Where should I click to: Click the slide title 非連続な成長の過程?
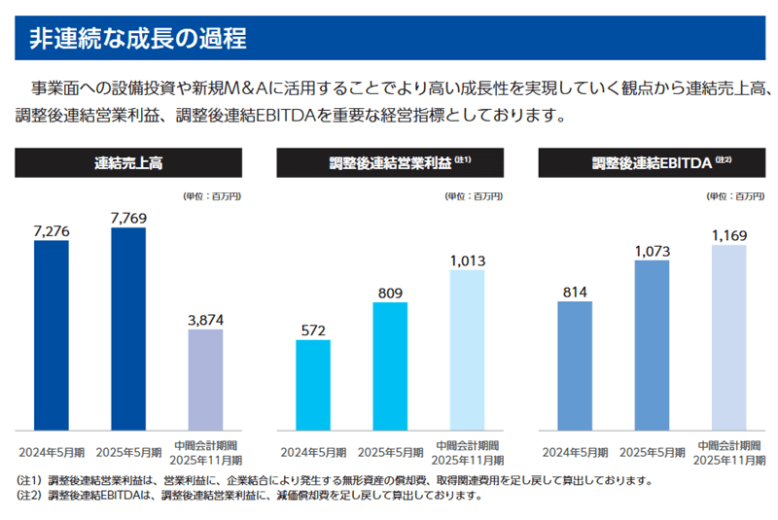(x=136, y=39)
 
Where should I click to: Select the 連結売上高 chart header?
(x=128, y=163)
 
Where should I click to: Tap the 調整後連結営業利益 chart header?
(x=390, y=163)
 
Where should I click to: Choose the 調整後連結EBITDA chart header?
(x=652, y=163)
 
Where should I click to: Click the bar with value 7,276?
(x=51, y=334)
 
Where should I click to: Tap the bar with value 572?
(x=313, y=385)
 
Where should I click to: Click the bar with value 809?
(x=390, y=366)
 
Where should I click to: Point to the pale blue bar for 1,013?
(x=467, y=350)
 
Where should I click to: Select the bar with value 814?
(x=575, y=365)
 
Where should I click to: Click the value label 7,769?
(x=128, y=218)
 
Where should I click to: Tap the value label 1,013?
(x=467, y=260)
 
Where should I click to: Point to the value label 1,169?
(x=728, y=235)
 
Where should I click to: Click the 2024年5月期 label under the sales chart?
(x=51, y=452)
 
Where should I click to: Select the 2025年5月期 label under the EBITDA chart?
(x=652, y=452)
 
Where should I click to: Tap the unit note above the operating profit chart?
(x=474, y=196)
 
